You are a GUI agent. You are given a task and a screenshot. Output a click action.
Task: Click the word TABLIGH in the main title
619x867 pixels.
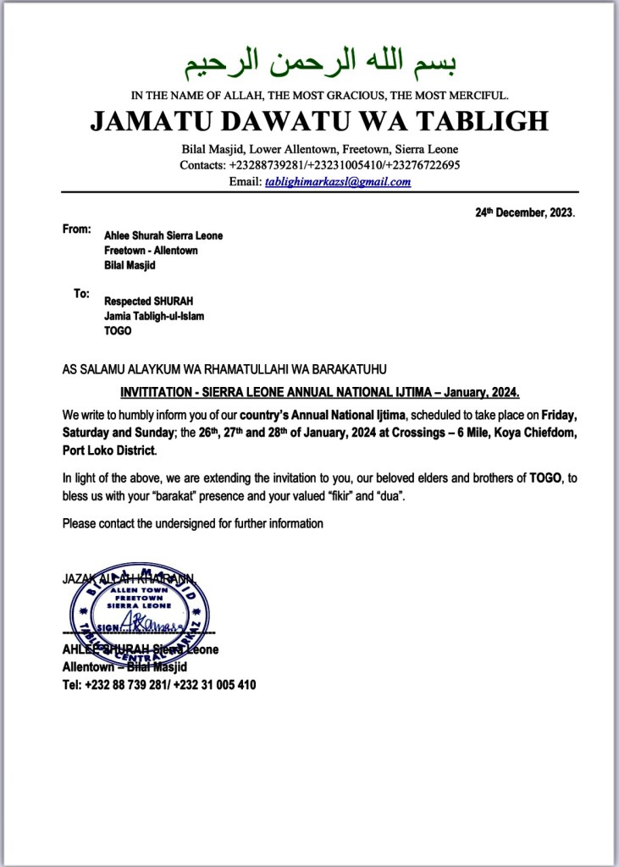(x=481, y=120)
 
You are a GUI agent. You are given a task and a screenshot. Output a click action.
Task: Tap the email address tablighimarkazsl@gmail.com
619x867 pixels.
(x=338, y=182)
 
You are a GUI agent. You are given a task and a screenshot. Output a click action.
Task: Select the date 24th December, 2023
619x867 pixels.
(x=524, y=213)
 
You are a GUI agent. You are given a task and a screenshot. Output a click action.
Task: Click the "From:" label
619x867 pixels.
(x=75, y=229)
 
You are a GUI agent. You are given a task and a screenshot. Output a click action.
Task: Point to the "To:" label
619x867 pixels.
(x=81, y=294)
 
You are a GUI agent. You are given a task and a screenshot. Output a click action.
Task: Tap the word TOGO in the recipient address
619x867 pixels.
(x=118, y=331)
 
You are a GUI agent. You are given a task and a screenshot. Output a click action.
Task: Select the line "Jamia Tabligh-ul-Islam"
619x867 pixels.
(x=154, y=316)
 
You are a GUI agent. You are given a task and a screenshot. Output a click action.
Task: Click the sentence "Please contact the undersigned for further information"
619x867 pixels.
(x=192, y=523)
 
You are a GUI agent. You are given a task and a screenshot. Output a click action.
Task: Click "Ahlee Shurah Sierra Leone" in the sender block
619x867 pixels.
(x=163, y=236)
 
